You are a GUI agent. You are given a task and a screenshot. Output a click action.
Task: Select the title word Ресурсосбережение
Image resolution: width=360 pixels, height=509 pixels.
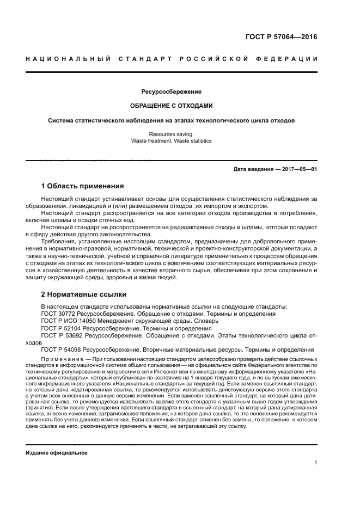[171, 91]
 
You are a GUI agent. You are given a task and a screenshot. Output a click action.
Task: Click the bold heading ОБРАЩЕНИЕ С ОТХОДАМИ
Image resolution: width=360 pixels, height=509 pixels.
[171, 106]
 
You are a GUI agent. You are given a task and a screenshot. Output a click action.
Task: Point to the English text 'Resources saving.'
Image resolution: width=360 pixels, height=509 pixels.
[171, 133]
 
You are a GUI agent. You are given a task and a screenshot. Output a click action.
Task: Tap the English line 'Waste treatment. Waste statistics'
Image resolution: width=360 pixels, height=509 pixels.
[171, 140]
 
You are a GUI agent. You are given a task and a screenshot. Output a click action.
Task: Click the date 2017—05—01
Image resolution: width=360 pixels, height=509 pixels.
[299, 169]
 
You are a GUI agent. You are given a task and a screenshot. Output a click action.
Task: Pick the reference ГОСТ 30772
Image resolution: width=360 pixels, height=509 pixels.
[60, 314]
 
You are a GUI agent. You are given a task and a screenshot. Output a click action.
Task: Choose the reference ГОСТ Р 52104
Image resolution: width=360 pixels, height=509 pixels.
[63, 328]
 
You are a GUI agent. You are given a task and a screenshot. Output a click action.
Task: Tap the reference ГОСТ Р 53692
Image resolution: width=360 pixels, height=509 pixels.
[63, 336]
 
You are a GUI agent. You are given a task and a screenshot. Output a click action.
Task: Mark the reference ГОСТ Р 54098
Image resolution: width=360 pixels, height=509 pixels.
[63, 351]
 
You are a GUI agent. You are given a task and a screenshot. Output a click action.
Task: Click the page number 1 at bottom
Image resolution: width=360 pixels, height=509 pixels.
[315, 463]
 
